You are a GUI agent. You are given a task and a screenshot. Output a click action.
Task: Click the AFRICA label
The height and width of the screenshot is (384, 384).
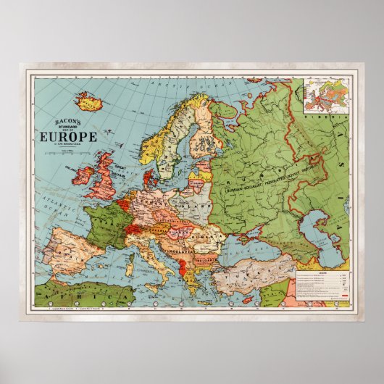[x=58, y=298]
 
